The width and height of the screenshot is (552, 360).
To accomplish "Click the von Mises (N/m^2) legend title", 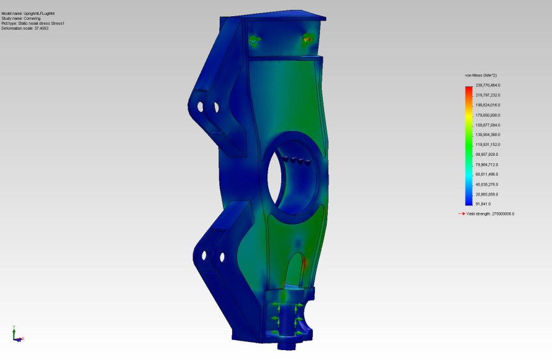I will pos(481,75).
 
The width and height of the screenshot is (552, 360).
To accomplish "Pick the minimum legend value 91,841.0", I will pos(483,204).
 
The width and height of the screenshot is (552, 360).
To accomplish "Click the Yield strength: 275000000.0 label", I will pos(491,214).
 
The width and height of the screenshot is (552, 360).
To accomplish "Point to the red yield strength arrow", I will pos(461,214).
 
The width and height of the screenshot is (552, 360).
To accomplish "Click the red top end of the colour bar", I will pos(469,88).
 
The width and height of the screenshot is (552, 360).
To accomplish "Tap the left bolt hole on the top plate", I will pos(253,40).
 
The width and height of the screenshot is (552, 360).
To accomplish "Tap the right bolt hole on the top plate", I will pos(306,40).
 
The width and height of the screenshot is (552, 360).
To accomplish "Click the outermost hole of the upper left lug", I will pos(201,107).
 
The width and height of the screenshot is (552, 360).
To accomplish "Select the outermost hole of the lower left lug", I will pos(204,254).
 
